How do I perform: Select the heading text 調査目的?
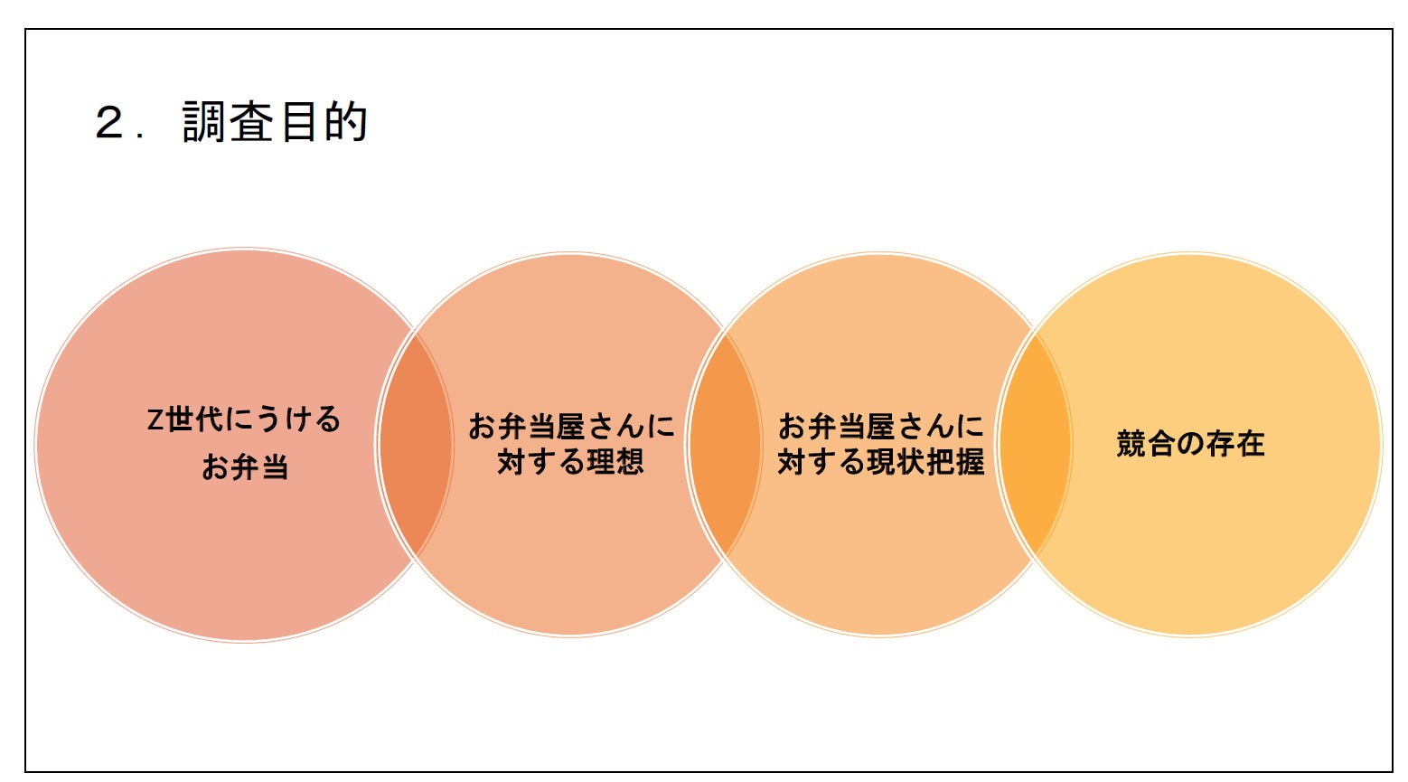coord(275,122)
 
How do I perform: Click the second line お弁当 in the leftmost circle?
coord(245,467)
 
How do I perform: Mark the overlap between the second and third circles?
coord(725,444)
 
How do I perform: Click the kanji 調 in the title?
coord(204,122)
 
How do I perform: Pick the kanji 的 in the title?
coord(346,122)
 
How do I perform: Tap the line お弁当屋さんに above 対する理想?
coord(571,426)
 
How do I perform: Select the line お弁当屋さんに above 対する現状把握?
coord(881,426)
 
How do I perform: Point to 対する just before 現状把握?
coord(821,462)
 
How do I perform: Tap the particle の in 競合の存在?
coord(1190,444)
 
